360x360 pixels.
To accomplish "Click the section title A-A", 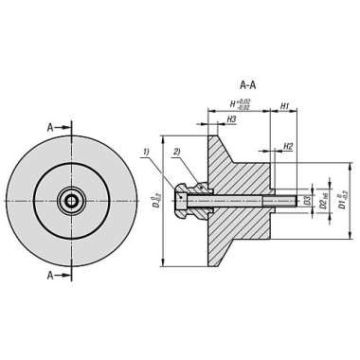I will [x=247, y=84].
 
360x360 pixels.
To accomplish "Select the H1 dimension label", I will [x=284, y=107].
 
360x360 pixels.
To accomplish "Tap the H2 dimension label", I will [x=288, y=147].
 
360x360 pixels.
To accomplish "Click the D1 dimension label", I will [x=343, y=201].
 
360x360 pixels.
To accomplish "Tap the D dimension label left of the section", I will [x=156, y=201].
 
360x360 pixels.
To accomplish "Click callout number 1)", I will [x=146, y=152].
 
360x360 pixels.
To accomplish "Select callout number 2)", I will [x=176, y=152].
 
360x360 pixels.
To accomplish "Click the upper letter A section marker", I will [x=50, y=126].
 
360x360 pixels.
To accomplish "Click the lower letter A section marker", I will [x=50, y=276].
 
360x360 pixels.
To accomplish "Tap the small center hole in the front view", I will [x=71, y=201].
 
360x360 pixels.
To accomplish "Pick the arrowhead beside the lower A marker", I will [x=66, y=276].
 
